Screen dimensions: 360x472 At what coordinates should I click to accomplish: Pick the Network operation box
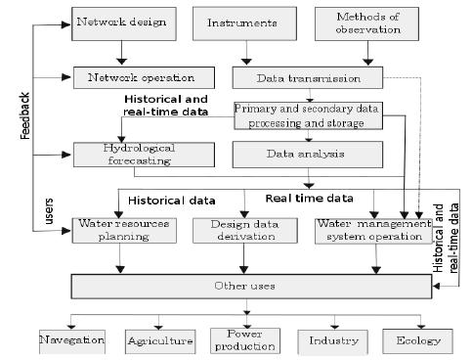134,75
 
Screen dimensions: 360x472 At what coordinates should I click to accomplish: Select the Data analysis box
295,154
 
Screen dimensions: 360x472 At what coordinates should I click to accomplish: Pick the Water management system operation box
373,231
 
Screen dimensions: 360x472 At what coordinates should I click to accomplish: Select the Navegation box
71,340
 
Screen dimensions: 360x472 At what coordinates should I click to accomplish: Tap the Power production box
244,340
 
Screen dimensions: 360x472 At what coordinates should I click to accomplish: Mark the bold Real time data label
309,199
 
